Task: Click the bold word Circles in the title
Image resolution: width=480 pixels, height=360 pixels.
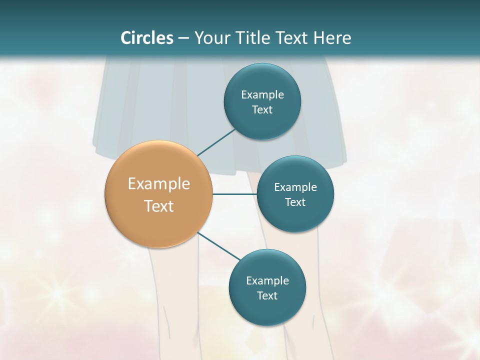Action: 147,38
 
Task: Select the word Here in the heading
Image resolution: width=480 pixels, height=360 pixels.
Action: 332,38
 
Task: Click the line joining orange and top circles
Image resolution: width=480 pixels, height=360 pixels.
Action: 216,142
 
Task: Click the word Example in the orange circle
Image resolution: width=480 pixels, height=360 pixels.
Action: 158,184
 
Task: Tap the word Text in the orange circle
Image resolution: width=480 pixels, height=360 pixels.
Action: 158,206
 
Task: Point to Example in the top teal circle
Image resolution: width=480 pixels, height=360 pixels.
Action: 262,94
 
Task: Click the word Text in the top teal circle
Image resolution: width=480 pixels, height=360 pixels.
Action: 262,110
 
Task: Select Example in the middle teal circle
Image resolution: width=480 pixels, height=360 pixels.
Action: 295,187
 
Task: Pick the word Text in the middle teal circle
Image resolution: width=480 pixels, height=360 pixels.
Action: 295,202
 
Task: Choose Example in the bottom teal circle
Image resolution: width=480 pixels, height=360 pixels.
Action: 267,280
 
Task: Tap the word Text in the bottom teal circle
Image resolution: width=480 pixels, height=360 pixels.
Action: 267,295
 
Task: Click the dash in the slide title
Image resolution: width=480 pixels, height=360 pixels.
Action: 183,38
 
